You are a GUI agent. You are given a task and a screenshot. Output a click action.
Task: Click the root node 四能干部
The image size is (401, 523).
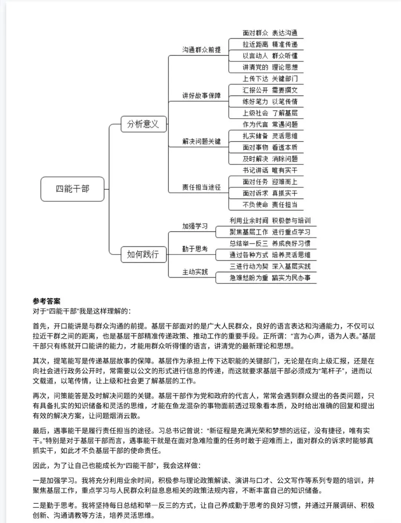(x=72, y=189)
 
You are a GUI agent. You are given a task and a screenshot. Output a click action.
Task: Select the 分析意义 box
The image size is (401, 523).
(x=143, y=124)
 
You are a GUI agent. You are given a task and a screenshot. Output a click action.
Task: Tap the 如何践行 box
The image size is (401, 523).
(x=143, y=254)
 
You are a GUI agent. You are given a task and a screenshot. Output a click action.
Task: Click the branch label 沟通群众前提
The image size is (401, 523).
(x=201, y=50)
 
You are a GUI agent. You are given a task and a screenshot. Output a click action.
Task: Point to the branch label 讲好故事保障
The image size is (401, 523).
(x=201, y=96)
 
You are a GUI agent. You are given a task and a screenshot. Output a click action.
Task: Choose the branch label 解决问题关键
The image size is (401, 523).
(x=201, y=141)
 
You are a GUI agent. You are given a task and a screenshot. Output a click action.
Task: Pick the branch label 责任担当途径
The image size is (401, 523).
(x=201, y=187)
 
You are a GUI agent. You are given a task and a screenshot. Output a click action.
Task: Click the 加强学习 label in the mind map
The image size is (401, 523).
(x=195, y=226)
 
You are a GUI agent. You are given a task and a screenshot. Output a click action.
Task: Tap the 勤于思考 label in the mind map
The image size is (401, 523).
(x=195, y=249)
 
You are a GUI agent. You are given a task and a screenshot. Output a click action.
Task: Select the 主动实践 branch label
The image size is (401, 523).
(x=195, y=272)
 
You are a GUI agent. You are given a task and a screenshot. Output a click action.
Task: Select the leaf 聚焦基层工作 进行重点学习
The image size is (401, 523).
(x=270, y=232)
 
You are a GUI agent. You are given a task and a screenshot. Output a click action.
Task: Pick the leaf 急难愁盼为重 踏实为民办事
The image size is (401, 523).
(x=270, y=278)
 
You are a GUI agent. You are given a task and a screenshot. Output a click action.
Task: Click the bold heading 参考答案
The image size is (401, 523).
(x=46, y=301)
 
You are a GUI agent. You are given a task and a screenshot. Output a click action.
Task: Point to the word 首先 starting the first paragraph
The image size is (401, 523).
(x=40, y=326)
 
